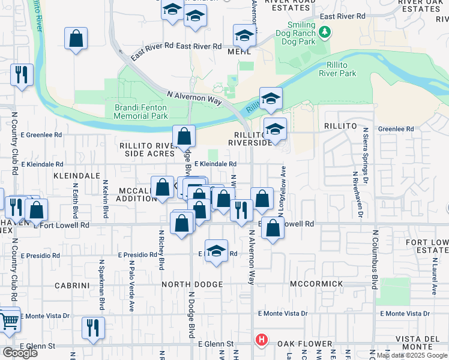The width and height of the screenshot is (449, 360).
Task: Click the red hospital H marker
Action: pos(262,340)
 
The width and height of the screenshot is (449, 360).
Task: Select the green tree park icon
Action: pos(325,31)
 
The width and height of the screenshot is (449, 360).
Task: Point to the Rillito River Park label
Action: pos(337,69)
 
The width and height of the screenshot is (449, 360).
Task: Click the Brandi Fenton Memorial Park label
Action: pos(140,111)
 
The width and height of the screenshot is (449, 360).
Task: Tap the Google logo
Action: pos(20,353)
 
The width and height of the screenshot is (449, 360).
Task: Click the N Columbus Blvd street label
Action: pos(375,259)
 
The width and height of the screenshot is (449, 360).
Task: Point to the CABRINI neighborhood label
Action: pos(72,286)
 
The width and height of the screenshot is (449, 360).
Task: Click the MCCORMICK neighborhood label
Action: pos(316,283)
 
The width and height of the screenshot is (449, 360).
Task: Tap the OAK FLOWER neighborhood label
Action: pos(304,344)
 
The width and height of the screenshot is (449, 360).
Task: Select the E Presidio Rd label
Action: pos(40,256)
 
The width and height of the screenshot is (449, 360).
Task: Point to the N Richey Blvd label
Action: pos(161,250)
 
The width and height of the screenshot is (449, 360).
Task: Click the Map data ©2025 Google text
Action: pos(412,356)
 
